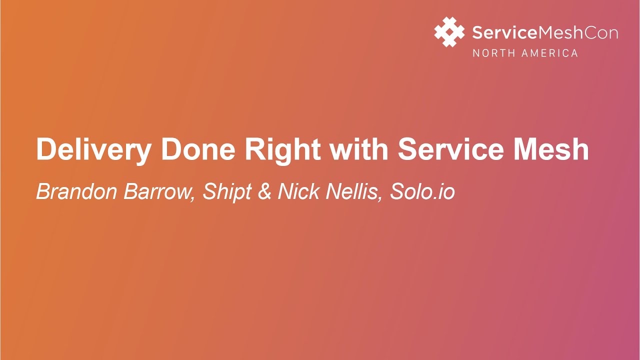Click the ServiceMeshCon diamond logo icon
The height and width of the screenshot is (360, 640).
click(449, 32)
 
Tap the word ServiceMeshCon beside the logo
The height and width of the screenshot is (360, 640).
click(545, 33)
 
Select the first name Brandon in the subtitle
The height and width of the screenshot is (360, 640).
click(74, 191)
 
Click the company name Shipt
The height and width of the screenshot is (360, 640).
click(227, 192)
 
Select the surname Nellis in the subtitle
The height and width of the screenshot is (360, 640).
click(352, 191)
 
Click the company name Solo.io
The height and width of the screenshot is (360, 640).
click(422, 191)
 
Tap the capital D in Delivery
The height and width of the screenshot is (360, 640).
click(45, 148)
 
